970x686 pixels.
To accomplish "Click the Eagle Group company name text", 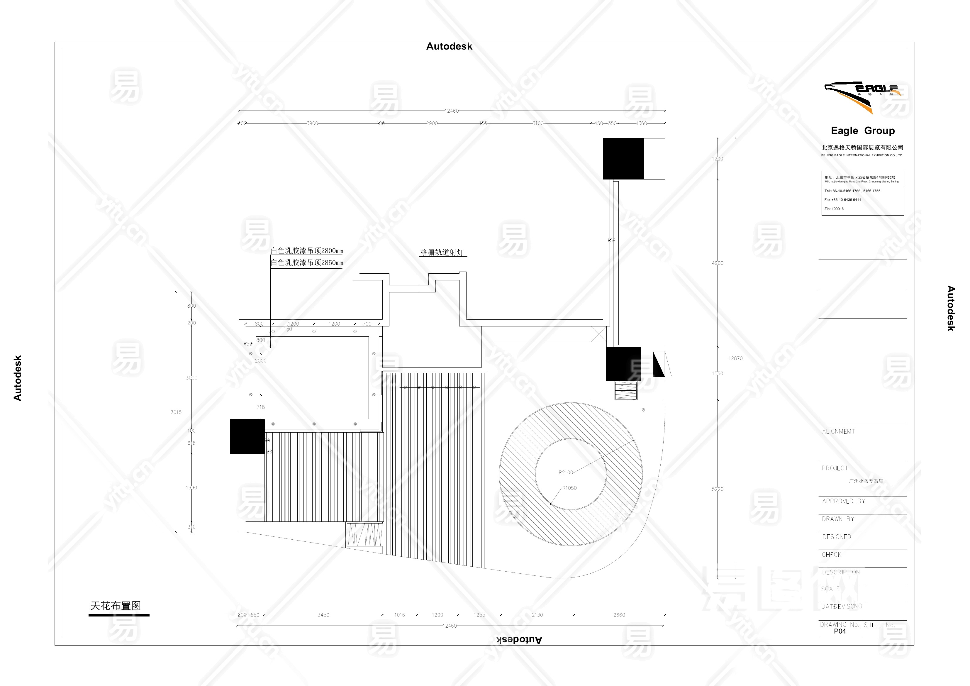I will coord(862,131).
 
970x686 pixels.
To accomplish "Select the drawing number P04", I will coord(840,631).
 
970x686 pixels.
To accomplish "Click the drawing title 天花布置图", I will coord(115,606).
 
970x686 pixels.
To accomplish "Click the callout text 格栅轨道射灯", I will coord(442,252).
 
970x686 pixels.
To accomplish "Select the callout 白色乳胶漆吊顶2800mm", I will coord(307,251).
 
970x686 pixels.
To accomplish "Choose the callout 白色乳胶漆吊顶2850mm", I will coord(307,262).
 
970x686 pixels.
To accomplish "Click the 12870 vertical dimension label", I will coord(735,358).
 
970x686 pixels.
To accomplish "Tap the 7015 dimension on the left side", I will coord(176,412).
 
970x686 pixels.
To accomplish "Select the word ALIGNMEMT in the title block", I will coord(839,431).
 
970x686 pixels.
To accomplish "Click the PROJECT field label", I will coord(835,468).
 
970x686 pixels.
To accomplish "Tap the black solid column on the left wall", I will coord(247,436).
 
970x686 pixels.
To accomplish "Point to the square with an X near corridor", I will coord(599,333).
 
